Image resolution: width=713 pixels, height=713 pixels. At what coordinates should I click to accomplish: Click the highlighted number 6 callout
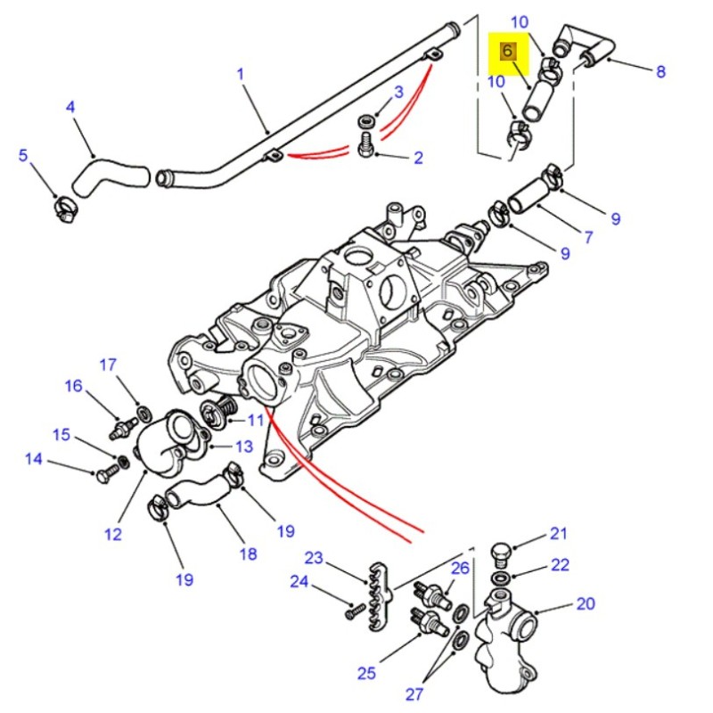coord(507,51)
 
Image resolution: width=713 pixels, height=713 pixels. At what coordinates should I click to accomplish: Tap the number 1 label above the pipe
coord(240,73)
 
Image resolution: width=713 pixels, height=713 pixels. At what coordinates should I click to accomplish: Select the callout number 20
coord(585,604)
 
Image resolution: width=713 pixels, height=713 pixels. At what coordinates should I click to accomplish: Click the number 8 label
coord(660,71)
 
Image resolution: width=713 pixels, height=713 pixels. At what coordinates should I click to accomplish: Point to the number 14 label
coord(33,460)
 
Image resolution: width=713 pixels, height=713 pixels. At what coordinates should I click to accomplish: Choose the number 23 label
coord(313,559)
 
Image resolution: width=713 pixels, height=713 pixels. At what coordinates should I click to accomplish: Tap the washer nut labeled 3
coord(366,119)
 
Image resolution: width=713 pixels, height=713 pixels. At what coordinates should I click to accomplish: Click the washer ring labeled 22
coord(501,578)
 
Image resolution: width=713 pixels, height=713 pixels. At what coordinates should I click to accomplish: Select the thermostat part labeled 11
coord(217,413)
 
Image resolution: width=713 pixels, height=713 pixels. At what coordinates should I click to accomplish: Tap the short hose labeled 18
coord(200,494)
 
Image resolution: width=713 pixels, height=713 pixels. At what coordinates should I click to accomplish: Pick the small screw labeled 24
coord(356,611)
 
